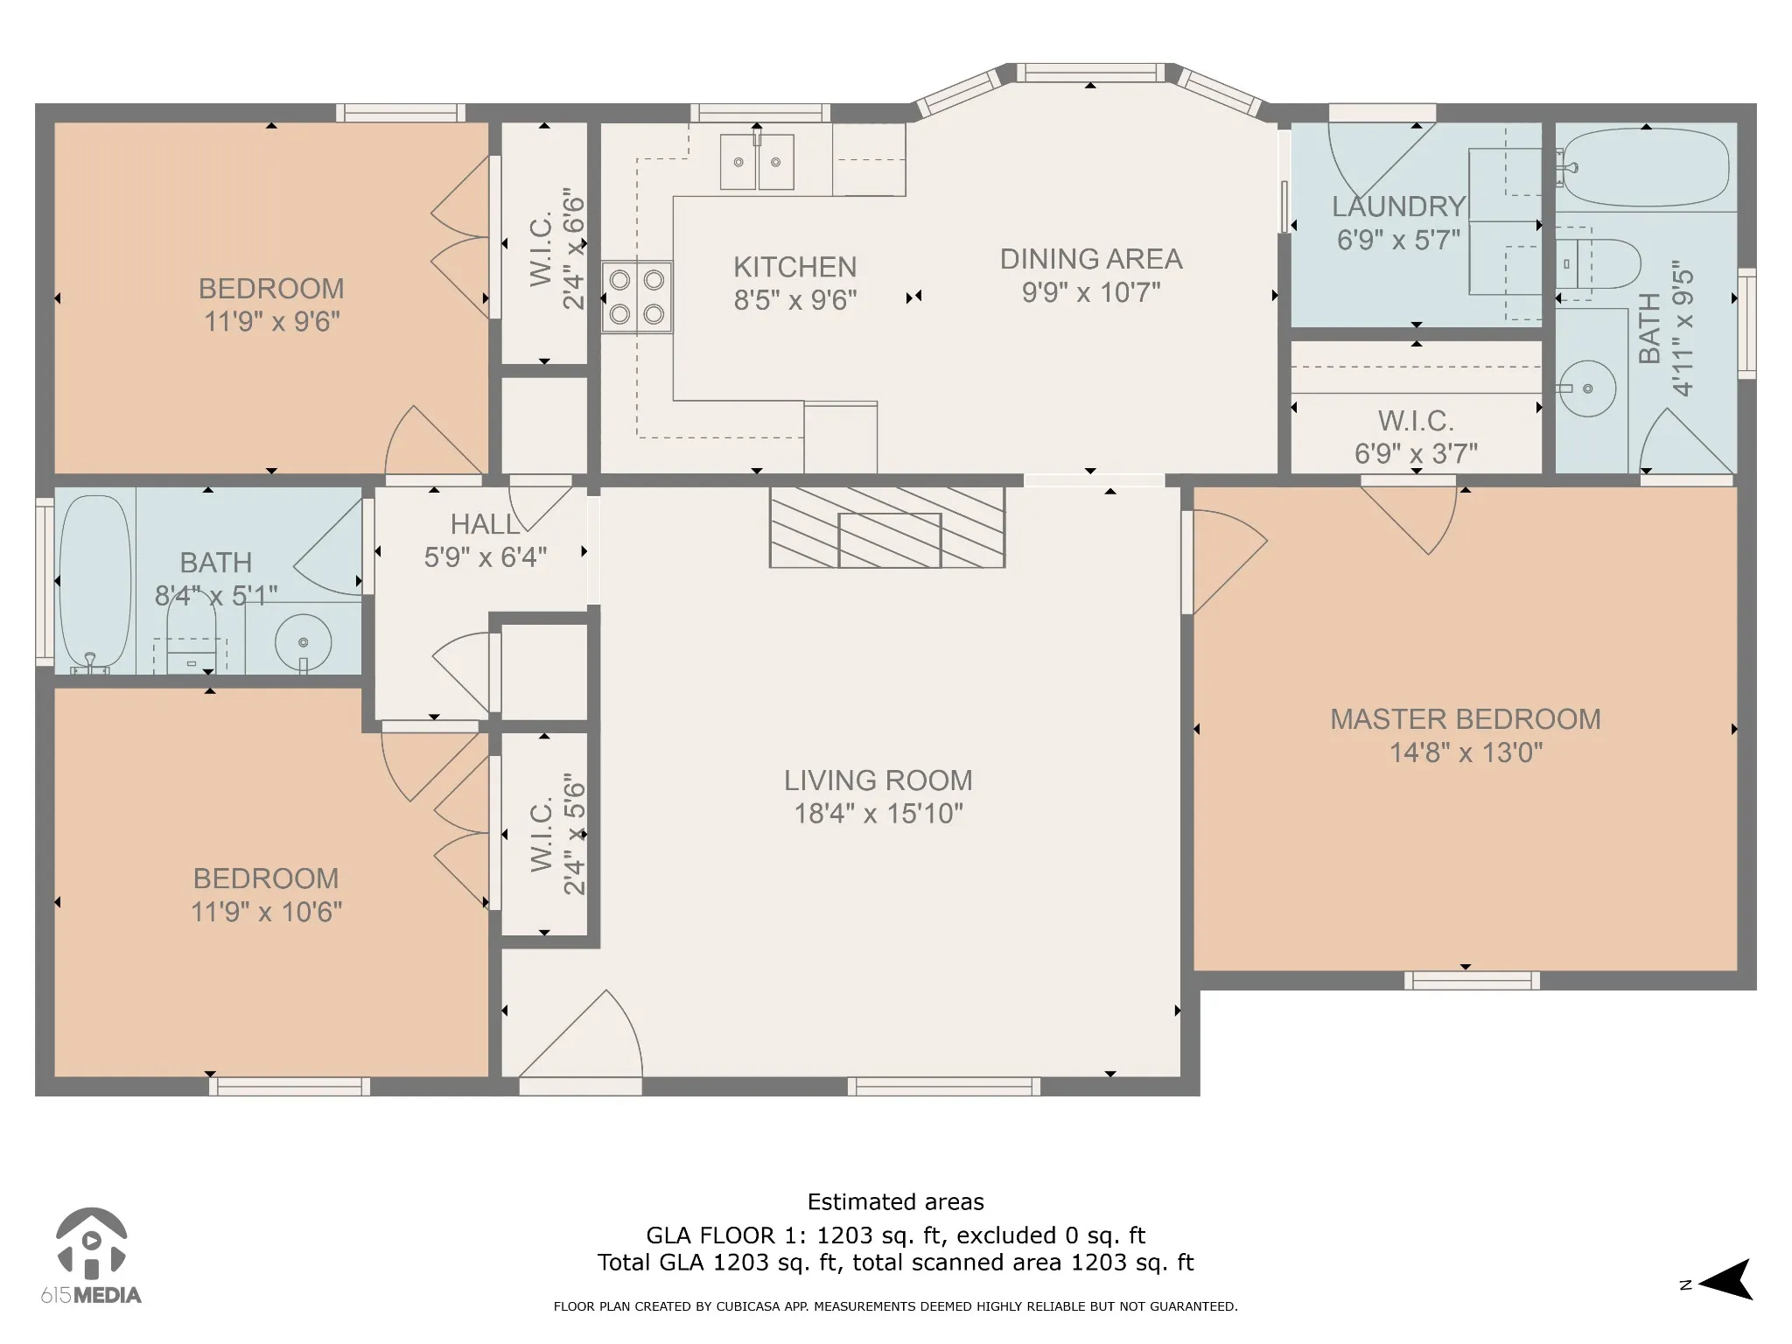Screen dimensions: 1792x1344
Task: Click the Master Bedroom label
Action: pos(1466,719)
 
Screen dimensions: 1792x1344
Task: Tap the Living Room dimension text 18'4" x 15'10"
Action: pos(878,814)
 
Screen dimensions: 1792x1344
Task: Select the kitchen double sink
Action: pos(757,161)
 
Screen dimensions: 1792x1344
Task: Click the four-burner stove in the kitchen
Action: pos(637,297)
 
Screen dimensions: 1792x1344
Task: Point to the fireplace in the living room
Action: pos(887,527)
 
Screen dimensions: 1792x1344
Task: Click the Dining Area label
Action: pos(1091,259)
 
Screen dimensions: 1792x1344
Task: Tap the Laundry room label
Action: pos(1399,206)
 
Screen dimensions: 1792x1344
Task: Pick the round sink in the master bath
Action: pos(1587,388)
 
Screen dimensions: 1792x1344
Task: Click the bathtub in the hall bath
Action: pos(95,582)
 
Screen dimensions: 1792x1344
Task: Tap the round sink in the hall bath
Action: pos(303,643)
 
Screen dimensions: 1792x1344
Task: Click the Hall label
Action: pos(485,524)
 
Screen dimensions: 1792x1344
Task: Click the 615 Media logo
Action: pos(91,1256)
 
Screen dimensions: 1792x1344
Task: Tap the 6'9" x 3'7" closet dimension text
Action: pos(1416,454)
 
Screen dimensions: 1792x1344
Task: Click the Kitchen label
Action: pos(794,267)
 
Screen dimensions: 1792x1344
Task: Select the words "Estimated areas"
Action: pos(896,1202)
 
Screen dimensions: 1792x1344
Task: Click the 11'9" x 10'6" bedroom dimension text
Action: pos(267,913)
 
